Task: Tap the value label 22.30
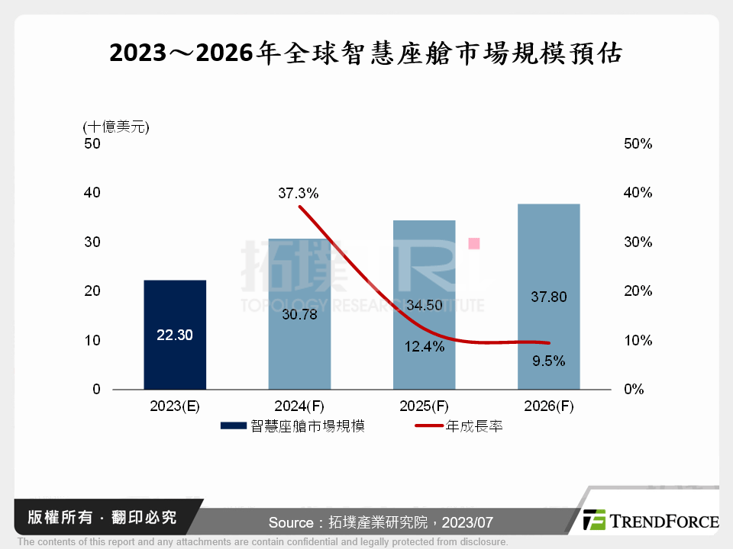click(175, 335)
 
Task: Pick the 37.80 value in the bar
click(548, 297)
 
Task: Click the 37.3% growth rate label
click(298, 194)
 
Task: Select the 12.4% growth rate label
click(424, 347)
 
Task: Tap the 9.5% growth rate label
click(548, 361)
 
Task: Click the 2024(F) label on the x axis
click(299, 407)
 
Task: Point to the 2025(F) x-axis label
click(424, 407)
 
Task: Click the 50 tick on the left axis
click(92, 143)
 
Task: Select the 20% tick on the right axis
click(638, 291)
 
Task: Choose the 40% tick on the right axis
click(638, 193)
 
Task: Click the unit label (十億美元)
click(116, 127)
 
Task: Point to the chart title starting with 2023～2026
click(366, 53)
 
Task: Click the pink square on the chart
click(473, 243)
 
